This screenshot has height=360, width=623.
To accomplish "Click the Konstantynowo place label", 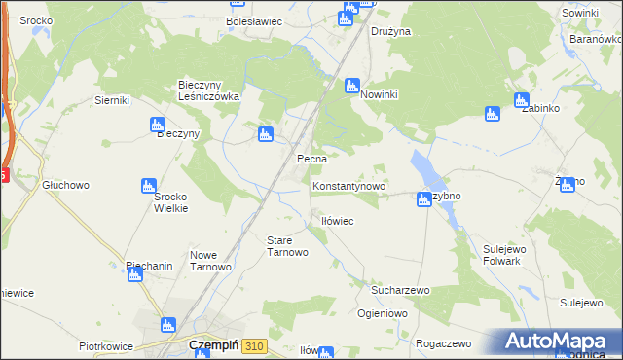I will click(349, 184).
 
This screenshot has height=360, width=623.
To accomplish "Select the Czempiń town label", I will click(208, 345).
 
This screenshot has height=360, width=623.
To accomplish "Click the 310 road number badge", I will click(255, 345).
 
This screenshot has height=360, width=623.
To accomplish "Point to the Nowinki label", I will click(382, 96).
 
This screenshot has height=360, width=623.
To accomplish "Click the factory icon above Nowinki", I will click(352, 86).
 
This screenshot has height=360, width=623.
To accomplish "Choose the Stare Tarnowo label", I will click(287, 245).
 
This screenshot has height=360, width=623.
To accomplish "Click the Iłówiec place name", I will click(337, 222).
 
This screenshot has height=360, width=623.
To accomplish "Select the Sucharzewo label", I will click(400, 290).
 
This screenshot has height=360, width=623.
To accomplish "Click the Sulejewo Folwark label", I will click(504, 255).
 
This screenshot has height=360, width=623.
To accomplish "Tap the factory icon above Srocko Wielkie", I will click(149, 185).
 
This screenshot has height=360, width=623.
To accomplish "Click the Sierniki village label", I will click(112, 99).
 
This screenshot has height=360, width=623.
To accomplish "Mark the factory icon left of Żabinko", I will click(493, 114).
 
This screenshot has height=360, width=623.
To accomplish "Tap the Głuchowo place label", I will click(65, 184).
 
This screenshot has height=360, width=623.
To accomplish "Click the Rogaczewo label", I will click(443, 343).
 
